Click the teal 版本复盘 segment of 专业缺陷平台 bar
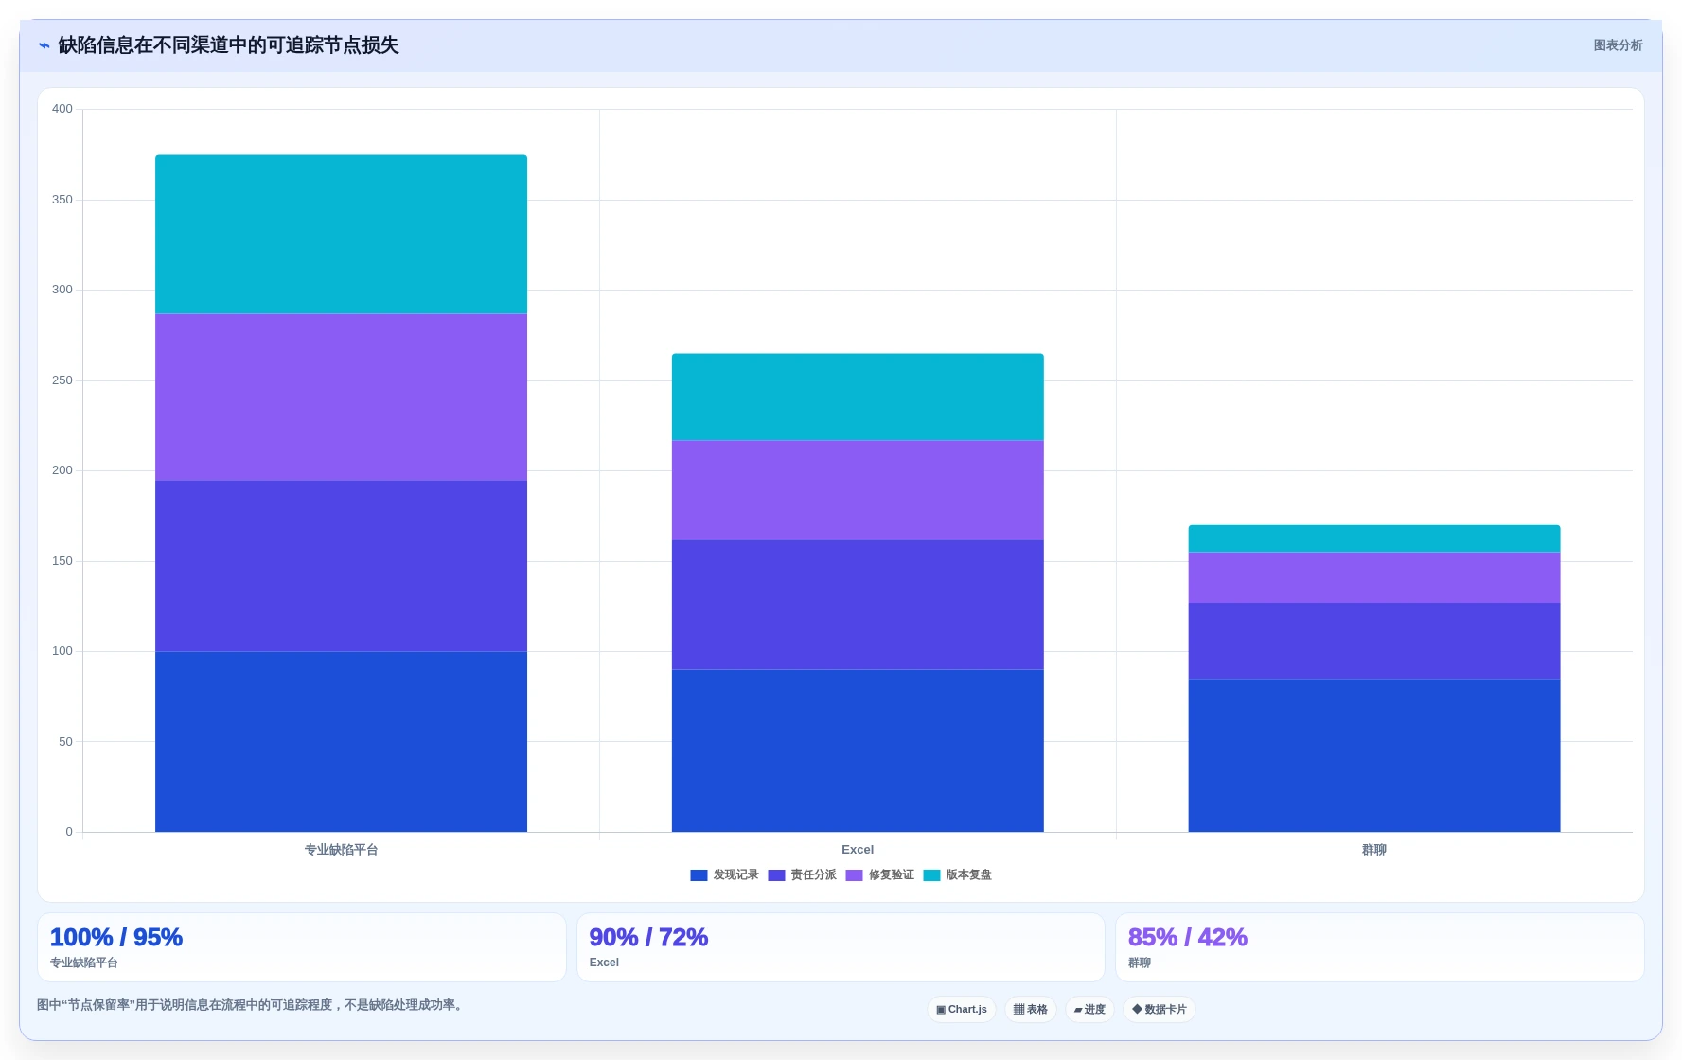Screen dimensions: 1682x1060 point(341,234)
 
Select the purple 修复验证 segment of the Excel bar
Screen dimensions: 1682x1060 point(858,490)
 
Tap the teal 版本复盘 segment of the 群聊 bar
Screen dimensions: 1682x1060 point(1374,539)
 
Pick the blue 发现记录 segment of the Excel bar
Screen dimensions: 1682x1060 point(858,751)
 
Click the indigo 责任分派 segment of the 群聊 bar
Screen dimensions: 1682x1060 point(1374,641)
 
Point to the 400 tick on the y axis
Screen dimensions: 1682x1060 point(62,109)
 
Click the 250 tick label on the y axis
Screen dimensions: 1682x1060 point(62,380)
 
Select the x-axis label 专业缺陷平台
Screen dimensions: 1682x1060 point(341,850)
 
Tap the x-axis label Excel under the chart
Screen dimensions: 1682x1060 point(858,850)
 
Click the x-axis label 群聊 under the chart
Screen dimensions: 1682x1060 point(1374,850)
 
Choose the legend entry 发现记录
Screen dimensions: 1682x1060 point(725,875)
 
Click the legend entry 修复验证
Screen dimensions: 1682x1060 point(880,875)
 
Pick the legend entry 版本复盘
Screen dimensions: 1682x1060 point(958,875)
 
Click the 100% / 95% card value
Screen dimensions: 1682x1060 point(116,937)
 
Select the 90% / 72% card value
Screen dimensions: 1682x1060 point(648,937)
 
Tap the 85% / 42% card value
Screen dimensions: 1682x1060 point(1188,937)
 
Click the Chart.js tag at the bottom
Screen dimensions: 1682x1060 point(962,1010)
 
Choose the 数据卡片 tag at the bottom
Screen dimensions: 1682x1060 point(1160,1010)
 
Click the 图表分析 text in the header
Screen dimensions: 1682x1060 point(1618,45)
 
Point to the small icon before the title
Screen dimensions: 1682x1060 point(44,45)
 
